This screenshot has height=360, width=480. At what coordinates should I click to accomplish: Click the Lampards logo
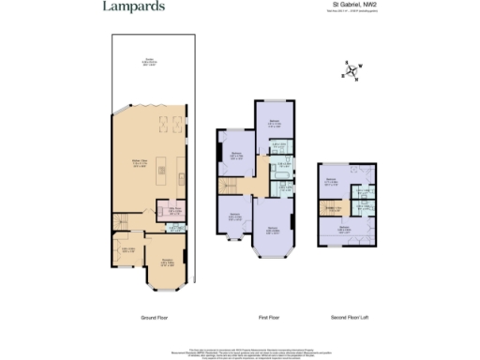click(x=134, y=7)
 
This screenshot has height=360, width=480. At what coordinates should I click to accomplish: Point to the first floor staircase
click(x=228, y=187)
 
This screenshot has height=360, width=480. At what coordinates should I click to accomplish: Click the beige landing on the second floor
click(x=333, y=208)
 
